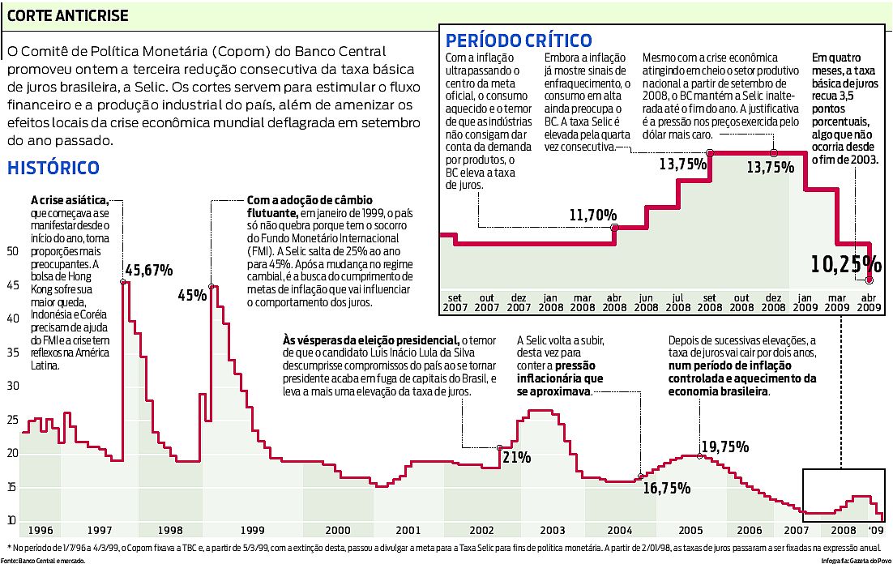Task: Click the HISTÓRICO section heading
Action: (53, 168)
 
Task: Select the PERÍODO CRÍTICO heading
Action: (519, 40)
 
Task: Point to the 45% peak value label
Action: (192, 295)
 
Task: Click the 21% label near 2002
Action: (517, 458)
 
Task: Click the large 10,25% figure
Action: (845, 264)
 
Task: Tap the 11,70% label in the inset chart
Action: (592, 215)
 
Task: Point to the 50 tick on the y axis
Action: (12, 251)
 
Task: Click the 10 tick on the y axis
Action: (12, 519)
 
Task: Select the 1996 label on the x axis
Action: (40, 530)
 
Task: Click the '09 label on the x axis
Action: (877, 530)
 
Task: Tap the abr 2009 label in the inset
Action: (869, 302)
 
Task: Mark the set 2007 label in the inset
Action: (454, 302)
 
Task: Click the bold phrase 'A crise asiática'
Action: (69, 199)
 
